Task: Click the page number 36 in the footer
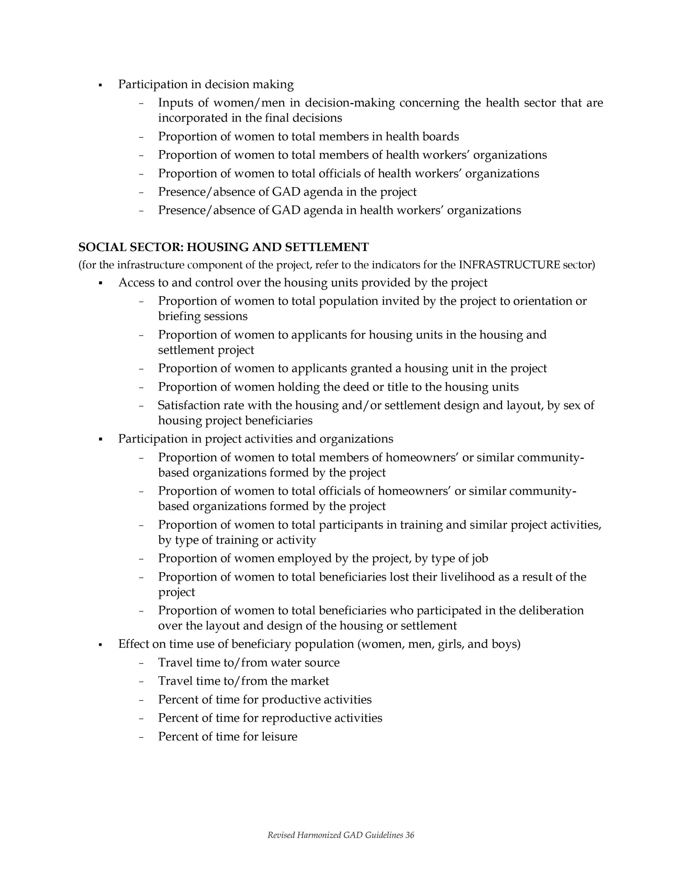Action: tap(409, 835)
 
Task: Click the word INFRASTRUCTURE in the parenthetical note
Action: tap(509, 265)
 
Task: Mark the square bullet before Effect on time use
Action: tap(100, 645)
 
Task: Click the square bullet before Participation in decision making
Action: tap(100, 85)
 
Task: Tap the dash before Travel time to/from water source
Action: tap(141, 663)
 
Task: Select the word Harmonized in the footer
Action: tap(319, 835)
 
